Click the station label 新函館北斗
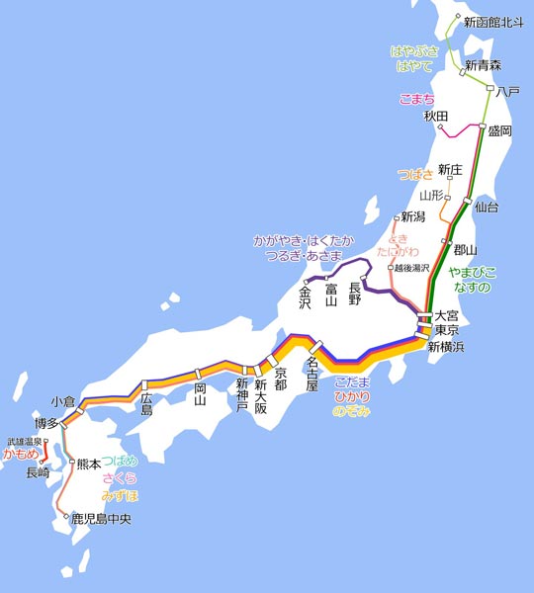pos(491,20)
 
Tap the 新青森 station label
pos(483,65)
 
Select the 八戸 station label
pos(508,91)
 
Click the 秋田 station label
pos(436,117)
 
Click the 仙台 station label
pos(487,208)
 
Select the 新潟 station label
pos(412,216)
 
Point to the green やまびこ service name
pos(473,271)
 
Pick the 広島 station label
pos(146,403)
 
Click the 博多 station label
pos(45,423)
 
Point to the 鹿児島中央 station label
pos(101,517)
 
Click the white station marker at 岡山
pos(199,374)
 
